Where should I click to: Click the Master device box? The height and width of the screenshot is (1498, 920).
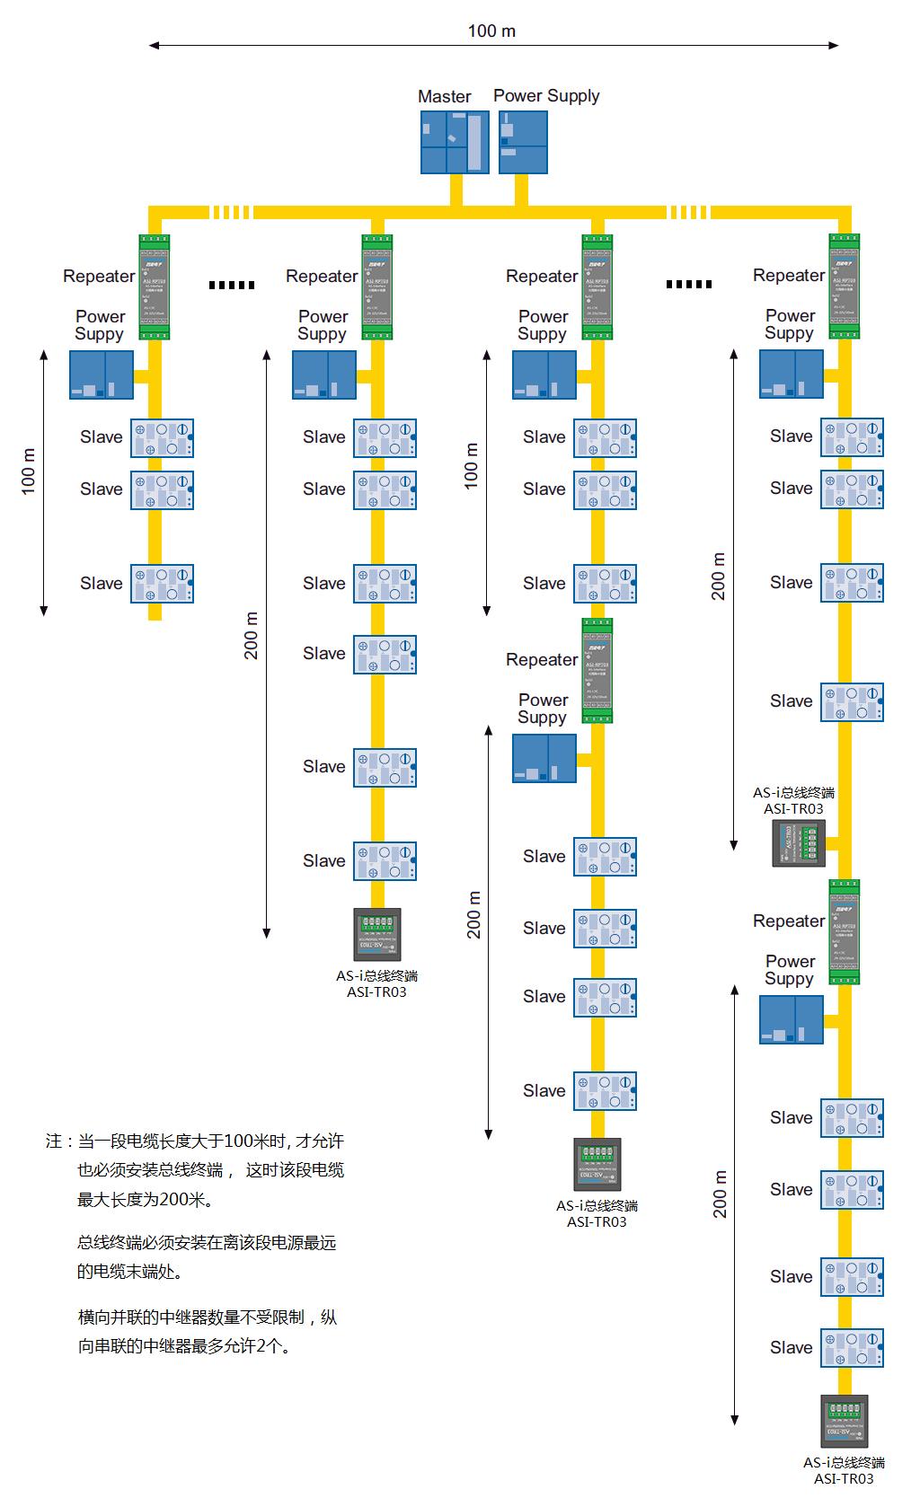click(x=455, y=142)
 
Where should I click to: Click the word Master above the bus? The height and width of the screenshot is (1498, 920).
click(x=444, y=96)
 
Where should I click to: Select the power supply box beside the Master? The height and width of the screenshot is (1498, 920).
click(x=523, y=142)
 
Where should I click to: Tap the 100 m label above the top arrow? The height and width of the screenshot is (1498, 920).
click(x=491, y=31)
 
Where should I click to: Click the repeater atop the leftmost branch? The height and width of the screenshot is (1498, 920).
click(x=155, y=286)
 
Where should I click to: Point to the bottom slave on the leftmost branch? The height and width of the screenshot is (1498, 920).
click(x=162, y=584)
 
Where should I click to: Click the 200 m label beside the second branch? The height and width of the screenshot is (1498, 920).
click(x=252, y=635)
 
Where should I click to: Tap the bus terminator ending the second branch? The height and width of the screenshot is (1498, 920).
click(x=377, y=935)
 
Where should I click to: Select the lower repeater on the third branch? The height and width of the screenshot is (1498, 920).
click(x=597, y=670)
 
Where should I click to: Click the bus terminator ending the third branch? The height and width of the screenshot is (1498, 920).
click(x=597, y=1164)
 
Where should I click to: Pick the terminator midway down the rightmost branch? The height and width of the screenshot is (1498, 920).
click(x=799, y=843)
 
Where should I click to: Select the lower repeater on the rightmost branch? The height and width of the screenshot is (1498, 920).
click(x=844, y=931)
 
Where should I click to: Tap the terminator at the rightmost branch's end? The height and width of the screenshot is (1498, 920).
click(x=844, y=1421)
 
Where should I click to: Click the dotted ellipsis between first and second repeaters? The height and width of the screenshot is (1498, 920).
click(x=232, y=285)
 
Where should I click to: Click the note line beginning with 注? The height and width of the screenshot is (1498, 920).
click(x=195, y=1141)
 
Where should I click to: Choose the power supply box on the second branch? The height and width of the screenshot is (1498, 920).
click(x=324, y=374)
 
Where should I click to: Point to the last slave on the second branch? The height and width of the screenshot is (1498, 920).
click(x=385, y=861)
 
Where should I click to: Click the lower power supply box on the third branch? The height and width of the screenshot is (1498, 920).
click(x=544, y=759)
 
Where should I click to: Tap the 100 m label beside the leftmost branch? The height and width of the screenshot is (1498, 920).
click(x=29, y=471)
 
